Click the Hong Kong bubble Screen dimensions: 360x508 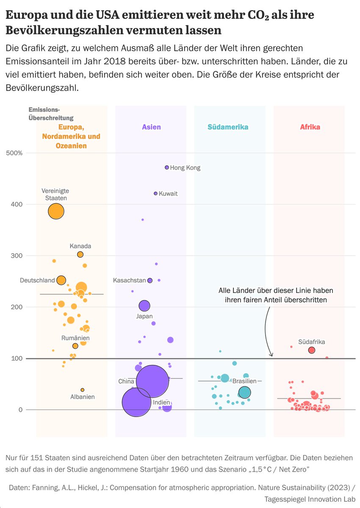(x=167, y=167)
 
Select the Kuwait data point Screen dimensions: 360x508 (x=155, y=193)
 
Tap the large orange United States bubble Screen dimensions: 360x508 (x=56, y=211)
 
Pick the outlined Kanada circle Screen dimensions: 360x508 (x=80, y=254)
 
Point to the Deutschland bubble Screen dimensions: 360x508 (x=61, y=280)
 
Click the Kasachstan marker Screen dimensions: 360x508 (x=150, y=280)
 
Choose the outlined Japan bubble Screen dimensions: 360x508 (x=144, y=306)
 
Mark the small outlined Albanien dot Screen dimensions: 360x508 (x=82, y=390)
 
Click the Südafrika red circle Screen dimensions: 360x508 (x=311, y=350)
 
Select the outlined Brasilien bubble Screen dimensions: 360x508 (x=244, y=392)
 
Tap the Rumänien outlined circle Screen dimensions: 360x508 (x=75, y=346)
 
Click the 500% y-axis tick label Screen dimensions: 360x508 (x=14, y=153)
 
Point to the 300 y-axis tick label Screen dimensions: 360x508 (x=17, y=256)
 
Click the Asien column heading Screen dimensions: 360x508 (x=151, y=127)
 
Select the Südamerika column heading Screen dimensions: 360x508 (x=228, y=127)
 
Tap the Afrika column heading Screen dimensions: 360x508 (x=310, y=127)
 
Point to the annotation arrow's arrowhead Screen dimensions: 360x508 (x=271, y=355)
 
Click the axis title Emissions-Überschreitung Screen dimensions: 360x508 (x=51, y=114)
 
